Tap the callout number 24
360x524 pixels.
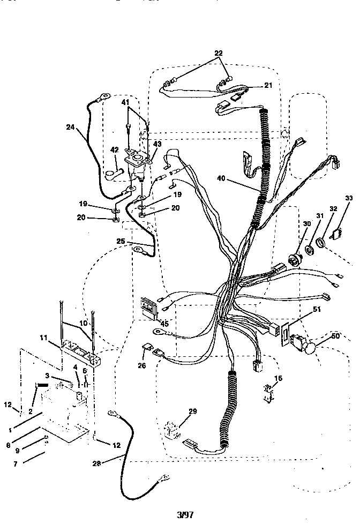[70, 127]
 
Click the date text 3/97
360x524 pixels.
[185, 514]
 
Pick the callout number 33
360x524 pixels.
[349, 199]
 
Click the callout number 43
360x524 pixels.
[157, 145]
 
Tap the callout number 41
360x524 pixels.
[125, 102]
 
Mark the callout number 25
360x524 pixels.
[121, 242]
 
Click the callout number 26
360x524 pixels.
[141, 366]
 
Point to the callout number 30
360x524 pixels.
[306, 223]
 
